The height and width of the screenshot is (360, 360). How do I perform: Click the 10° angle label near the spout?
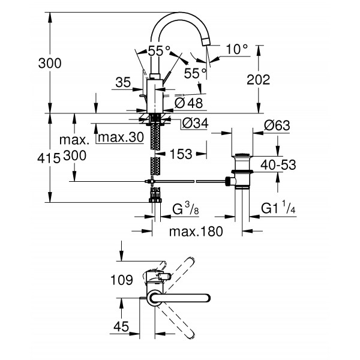coord(237,49)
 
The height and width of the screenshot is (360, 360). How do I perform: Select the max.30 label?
coord(121,138)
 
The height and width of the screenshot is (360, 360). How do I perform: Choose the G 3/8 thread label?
coord(185,210)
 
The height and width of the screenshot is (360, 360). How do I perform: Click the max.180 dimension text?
coord(192,231)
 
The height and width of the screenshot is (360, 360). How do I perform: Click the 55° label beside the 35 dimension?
coord(157,51)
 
